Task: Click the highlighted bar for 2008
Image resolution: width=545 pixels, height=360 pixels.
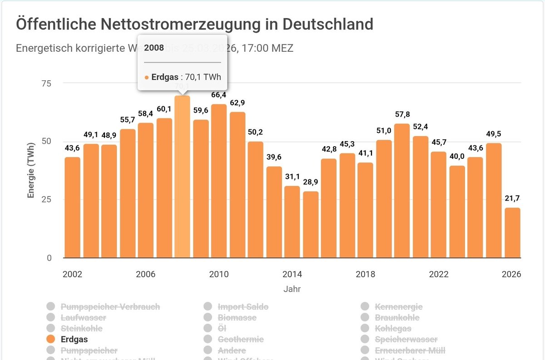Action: point(182,177)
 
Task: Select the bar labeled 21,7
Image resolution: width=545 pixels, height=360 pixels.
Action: point(512,233)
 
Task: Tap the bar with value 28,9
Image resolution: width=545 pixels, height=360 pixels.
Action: point(311,225)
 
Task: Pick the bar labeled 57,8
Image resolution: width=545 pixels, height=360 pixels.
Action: point(402,191)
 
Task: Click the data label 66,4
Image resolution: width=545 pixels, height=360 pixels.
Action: point(219,95)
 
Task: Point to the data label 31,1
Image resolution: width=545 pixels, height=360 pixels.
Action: point(292,177)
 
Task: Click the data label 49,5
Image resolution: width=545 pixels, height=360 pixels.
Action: point(494,134)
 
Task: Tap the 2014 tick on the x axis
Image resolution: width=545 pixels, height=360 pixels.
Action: point(292,274)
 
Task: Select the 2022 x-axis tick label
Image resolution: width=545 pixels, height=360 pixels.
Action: point(439,274)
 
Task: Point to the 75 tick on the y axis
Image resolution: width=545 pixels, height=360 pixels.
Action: point(47,83)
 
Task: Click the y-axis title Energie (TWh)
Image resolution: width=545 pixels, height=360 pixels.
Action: point(31,170)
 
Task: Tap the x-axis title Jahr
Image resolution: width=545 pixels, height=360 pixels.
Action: point(292,289)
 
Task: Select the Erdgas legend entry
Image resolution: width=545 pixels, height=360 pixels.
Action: point(74,339)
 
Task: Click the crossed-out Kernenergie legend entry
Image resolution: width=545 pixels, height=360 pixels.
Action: point(398,307)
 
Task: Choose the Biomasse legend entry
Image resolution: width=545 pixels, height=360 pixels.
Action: point(237,318)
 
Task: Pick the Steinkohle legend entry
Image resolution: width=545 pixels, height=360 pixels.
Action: point(81,328)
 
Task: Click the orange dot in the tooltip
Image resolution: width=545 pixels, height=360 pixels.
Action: point(147,78)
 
